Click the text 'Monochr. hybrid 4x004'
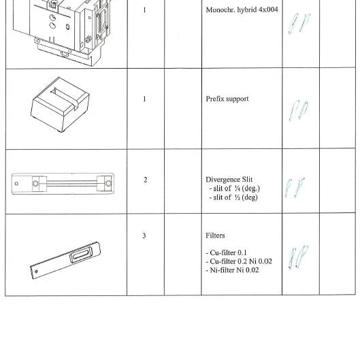coord(242,10)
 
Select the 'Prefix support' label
coord(227,99)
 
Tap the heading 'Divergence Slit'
coord(231,180)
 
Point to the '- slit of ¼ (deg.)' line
coord(234,189)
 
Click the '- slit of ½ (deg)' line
coord(233,198)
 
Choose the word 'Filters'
coord(215,235)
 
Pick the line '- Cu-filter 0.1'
coord(227,252)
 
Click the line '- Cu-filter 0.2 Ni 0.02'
coord(238,261)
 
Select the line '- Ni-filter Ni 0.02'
coord(232,270)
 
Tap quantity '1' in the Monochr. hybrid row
coord(145,10)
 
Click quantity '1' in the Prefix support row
coord(145,99)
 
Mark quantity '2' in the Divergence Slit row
coord(145,180)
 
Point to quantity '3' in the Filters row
coord(144,235)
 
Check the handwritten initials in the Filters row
coord(297,258)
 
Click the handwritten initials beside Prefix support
coord(298,110)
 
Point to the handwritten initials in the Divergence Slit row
coord(295,189)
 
